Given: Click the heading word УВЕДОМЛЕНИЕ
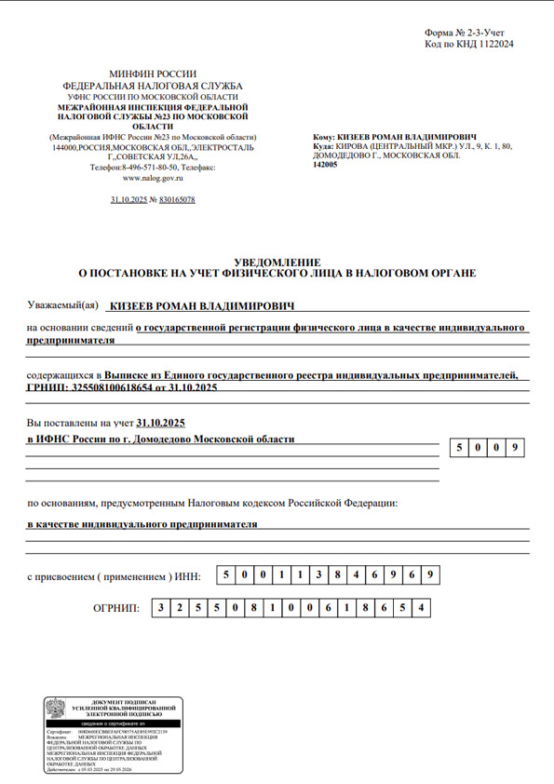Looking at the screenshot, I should pos(277,261).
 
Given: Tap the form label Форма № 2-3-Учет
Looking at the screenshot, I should pos(469,33).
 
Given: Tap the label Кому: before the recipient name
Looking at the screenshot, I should pos(325,137).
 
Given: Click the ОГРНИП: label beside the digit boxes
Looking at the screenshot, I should pos(116,608).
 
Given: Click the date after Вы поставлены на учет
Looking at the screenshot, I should pos(160,423).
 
